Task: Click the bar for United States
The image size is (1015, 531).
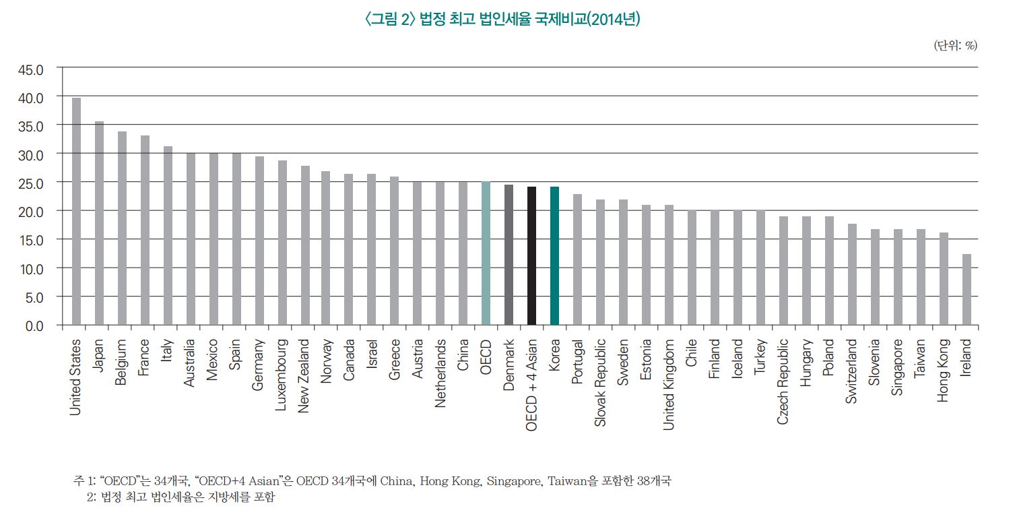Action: click(x=76, y=212)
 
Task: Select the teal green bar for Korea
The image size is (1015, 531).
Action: click(x=554, y=256)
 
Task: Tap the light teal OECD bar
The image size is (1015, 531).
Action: click(x=486, y=253)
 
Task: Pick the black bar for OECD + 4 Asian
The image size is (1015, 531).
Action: click(x=531, y=256)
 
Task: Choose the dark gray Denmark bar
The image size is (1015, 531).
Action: click(x=509, y=255)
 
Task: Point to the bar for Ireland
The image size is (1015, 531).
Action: click(x=967, y=290)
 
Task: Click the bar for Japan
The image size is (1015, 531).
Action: click(x=99, y=223)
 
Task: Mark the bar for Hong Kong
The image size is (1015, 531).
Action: click(x=944, y=279)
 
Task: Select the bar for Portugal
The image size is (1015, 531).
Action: click(x=577, y=259)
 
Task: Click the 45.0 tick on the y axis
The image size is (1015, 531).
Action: click(x=30, y=69)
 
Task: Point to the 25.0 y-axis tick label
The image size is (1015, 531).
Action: click(x=30, y=183)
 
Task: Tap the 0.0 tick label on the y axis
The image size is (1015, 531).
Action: click(x=33, y=325)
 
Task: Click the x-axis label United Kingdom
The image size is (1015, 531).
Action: click(x=669, y=384)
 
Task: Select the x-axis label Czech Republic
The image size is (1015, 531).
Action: click(x=783, y=381)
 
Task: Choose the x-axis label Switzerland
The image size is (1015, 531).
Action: click(x=852, y=371)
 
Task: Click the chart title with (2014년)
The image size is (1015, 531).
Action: click(x=501, y=20)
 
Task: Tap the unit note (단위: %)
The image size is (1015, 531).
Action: click(x=955, y=45)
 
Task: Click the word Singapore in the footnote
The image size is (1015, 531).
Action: click(x=519, y=482)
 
